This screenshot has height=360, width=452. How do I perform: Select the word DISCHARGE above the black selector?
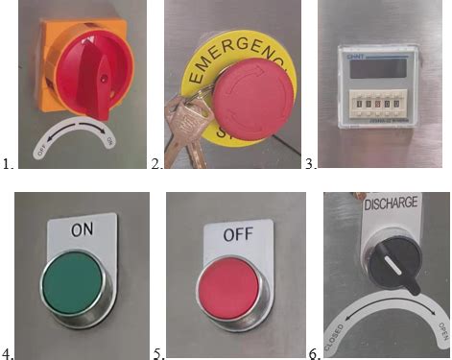[x=389, y=204]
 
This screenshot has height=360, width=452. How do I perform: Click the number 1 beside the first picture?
[x=8, y=164]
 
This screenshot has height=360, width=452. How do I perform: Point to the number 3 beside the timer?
[x=310, y=164]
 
